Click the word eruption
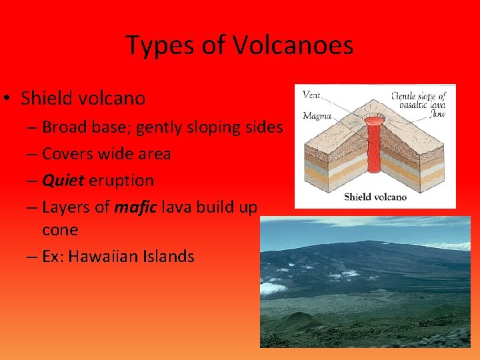click(x=123, y=181)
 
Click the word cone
click(x=60, y=230)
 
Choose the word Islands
click(x=171, y=256)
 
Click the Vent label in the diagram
click(x=311, y=95)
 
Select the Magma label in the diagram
click(x=317, y=115)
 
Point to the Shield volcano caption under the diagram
click(x=375, y=197)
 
